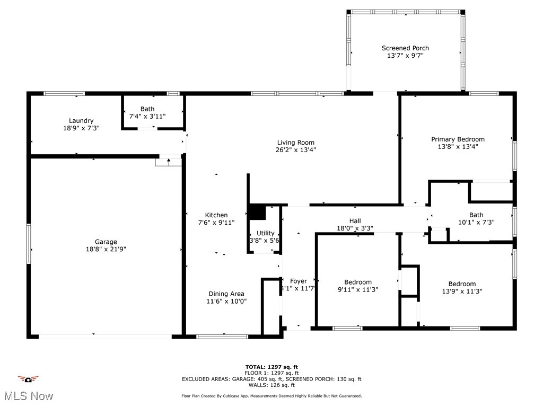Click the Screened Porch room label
click(405, 48)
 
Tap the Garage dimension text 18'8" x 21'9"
click(106, 249)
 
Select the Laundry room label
click(81, 121)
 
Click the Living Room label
click(295, 143)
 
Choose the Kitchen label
click(216, 215)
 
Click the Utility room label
click(265, 233)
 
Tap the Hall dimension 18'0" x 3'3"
click(355, 228)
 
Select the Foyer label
click(298, 281)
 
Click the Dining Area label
click(226, 294)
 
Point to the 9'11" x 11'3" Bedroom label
click(358, 282)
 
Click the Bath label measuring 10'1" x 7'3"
click(476, 215)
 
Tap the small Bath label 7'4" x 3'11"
click(147, 109)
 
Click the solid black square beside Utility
click(257, 212)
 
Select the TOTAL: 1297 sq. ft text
click(271, 367)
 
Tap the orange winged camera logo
click(28, 379)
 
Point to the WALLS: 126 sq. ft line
click(271, 385)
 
